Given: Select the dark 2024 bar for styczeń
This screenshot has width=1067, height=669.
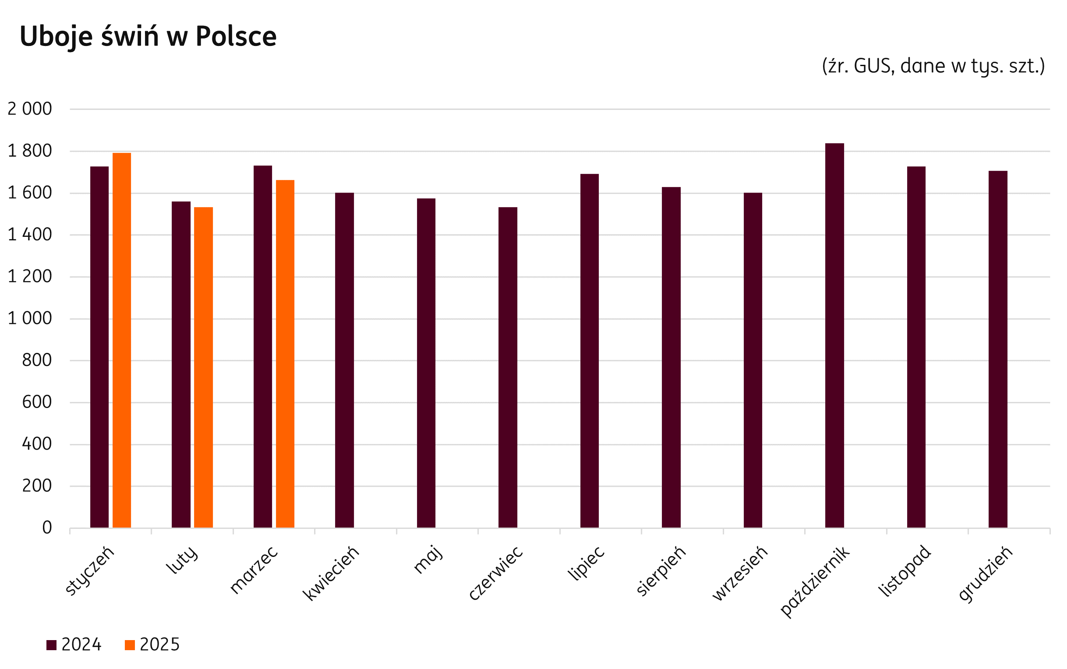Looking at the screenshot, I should coord(99,347).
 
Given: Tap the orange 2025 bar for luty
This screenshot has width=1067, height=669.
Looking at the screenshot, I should coord(203,367).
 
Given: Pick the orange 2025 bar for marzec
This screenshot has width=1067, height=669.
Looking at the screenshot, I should coord(285,353).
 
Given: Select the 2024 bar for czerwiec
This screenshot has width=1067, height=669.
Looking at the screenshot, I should coord(508,367).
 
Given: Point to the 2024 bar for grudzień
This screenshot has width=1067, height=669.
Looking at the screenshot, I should coord(998,349).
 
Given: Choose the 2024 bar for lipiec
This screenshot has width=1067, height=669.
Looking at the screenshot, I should coord(590,350).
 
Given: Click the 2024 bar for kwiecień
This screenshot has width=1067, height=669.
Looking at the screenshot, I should coord(344,360).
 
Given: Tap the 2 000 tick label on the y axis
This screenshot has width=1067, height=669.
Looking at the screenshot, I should coord(30,109).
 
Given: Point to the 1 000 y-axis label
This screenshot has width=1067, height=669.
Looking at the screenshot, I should coord(30,319).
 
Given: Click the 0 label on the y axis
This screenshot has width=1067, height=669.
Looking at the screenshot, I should coord(47,528).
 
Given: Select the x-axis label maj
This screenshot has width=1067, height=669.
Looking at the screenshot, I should coord(428,560).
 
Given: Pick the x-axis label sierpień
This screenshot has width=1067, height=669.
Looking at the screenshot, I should coord(660,571).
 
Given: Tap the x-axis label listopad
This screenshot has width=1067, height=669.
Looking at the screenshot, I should coord(904,571).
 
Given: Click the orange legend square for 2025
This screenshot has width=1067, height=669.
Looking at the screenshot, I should coord(130,645).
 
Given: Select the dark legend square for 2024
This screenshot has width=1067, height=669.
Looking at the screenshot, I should coord(51,645).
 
